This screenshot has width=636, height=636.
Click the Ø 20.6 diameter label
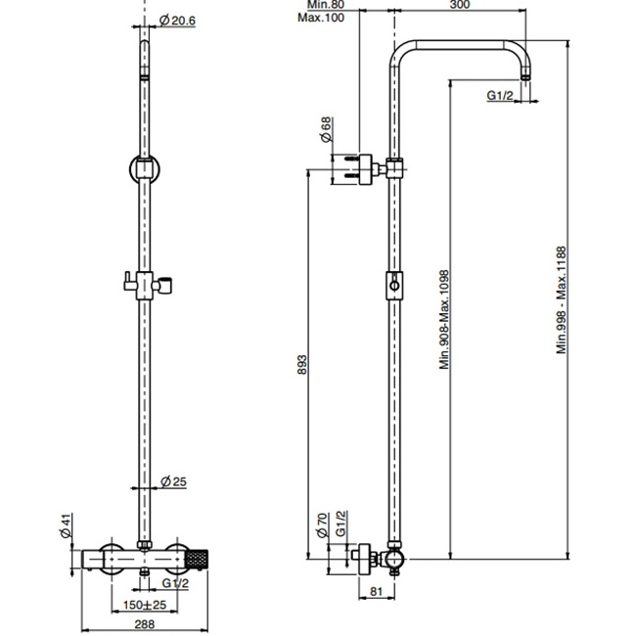coord(178,21)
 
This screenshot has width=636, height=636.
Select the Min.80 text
coord(317,6)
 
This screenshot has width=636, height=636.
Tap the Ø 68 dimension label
coord(325,130)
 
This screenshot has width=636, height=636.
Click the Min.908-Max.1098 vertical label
coord(443,319)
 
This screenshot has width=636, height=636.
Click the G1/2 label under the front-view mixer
coord(175,583)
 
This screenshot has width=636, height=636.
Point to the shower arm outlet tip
coord(529,76)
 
